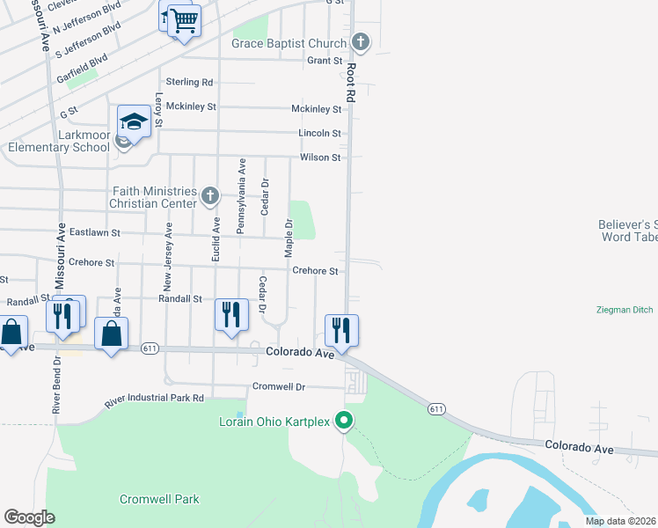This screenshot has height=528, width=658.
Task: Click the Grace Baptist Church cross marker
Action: coord(361,41)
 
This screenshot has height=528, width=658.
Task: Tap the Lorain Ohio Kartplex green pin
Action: coord(346,422)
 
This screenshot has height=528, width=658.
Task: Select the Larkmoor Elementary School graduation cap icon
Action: coord(134,121)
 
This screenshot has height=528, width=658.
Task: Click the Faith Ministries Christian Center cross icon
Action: coord(209,195)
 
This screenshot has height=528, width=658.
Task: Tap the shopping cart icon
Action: coord(183,20)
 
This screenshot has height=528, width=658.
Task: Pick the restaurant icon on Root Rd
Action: coord(341,331)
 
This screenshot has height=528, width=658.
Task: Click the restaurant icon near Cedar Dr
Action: coord(231,315)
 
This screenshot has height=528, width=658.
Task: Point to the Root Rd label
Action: coord(350,84)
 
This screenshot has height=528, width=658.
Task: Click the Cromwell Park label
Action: coord(159,499)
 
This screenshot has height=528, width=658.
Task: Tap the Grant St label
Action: coord(325,61)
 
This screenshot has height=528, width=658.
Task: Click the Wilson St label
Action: coord(320,158)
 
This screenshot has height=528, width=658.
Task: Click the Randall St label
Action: coord(180,299)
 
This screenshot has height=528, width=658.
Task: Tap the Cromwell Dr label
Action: coord(278,386)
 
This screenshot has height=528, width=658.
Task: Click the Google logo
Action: coord(30,517)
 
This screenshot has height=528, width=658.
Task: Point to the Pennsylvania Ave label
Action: coord(240,196)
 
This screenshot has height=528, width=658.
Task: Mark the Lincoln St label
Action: coord(320,133)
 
